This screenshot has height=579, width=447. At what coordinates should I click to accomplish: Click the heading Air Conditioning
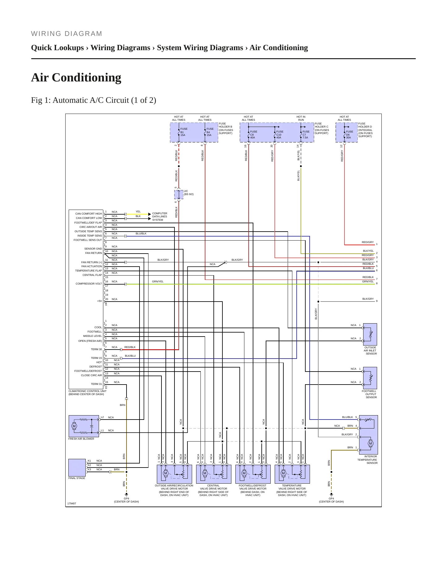tap(76, 78)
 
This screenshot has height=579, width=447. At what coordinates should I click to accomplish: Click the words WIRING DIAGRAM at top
tap(67, 34)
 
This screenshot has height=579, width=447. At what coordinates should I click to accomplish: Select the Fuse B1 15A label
tap(183, 132)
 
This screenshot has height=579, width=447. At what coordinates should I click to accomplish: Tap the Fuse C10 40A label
tap(279, 135)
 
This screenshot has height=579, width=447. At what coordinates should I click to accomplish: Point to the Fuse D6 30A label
tap(349, 135)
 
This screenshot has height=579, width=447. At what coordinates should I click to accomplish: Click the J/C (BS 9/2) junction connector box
tap(179, 194)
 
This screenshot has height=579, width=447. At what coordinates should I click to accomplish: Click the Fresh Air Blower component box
tap(84, 426)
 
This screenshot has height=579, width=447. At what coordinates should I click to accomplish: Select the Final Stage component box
tap(77, 468)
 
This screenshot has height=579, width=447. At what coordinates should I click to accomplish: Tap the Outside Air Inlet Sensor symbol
tap(370, 334)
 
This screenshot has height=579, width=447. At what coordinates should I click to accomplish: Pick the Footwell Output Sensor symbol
tap(370, 378)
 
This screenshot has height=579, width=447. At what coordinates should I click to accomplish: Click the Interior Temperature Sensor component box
tap(368, 435)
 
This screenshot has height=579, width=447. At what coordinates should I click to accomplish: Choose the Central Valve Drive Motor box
tap(214, 474)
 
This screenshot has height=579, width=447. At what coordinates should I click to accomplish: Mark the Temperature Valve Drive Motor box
tap(292, 474)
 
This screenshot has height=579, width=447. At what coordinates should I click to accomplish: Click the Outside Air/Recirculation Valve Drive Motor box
tap(174, 474)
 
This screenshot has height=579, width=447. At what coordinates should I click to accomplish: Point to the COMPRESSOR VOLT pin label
tap(89, 284)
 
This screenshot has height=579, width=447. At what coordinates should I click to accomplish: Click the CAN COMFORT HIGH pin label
tap(88, 214)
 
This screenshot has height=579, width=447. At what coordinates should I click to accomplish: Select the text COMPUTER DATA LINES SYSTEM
tap(160, 217)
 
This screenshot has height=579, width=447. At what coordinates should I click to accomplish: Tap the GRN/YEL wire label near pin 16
tap(158, 281)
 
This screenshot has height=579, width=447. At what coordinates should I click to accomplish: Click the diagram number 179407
tap(72, 503)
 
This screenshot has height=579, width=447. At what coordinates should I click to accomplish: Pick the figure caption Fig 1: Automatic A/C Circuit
tap(94, 100)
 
